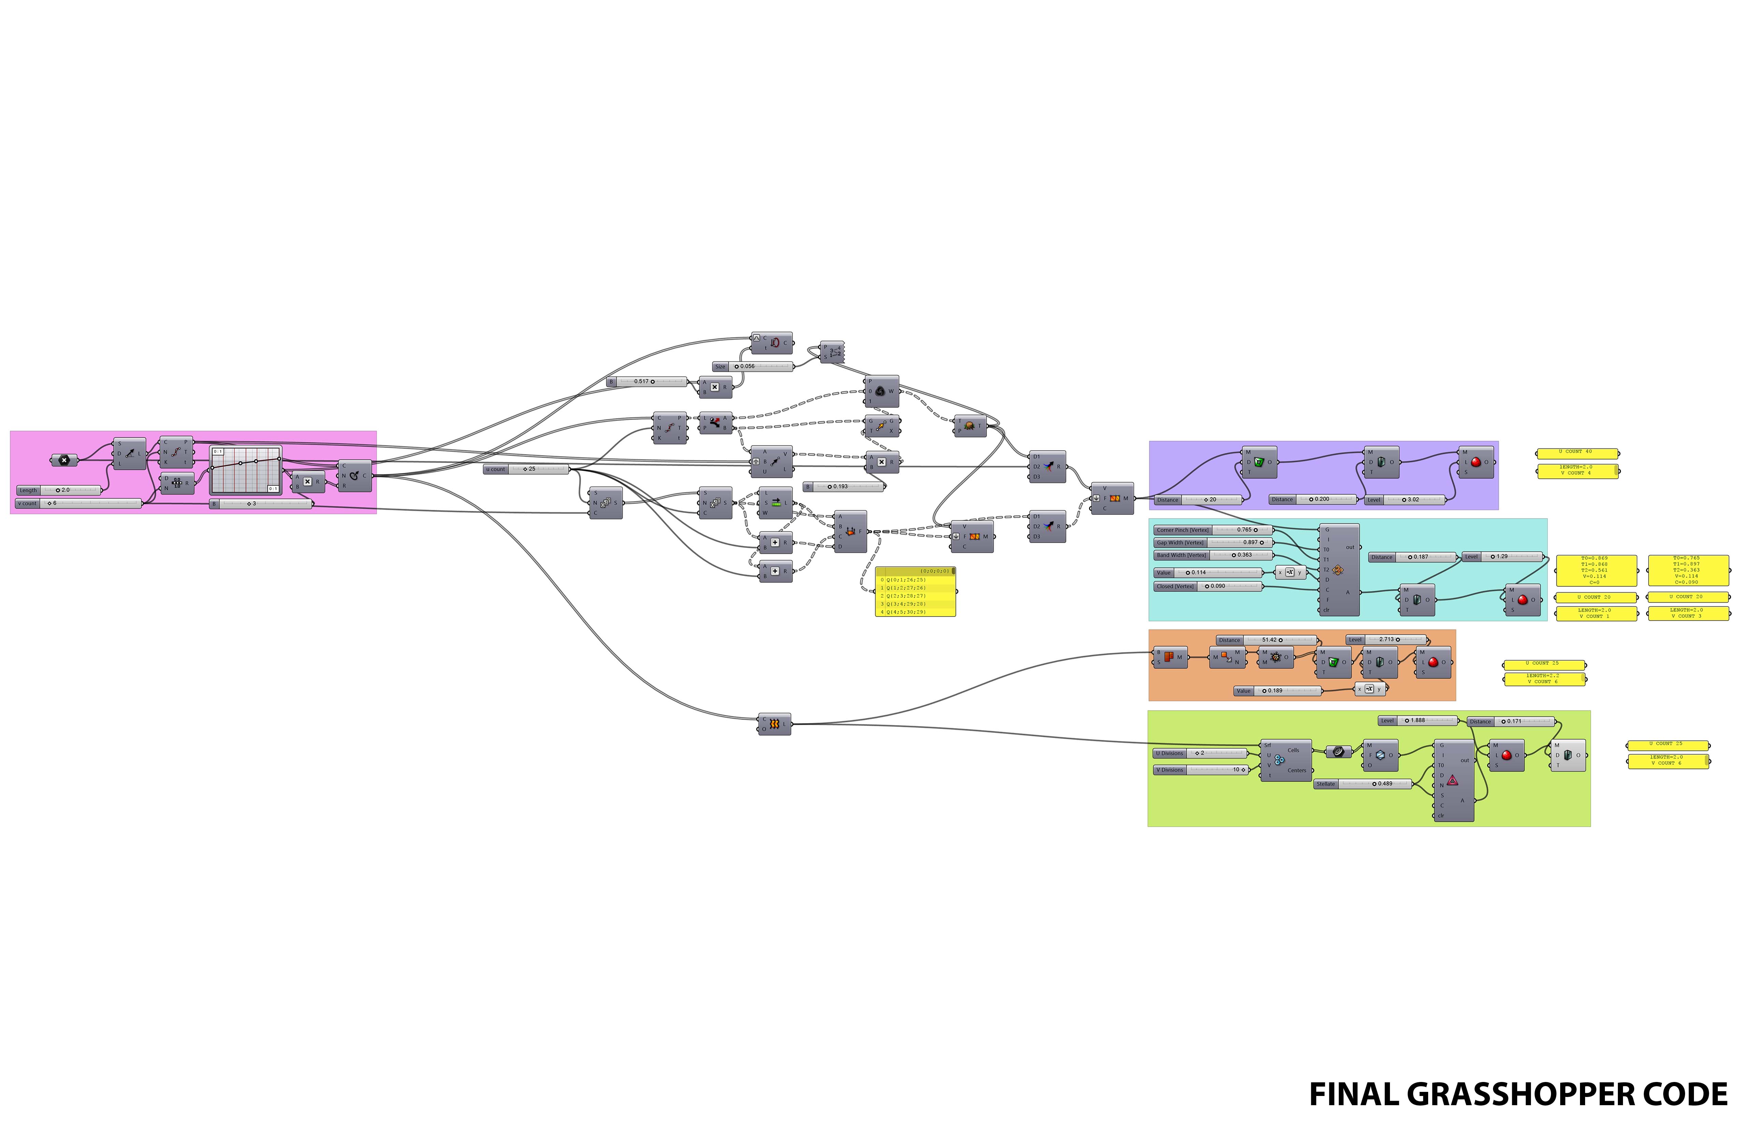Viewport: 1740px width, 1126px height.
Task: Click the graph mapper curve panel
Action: click(x=246, y=470)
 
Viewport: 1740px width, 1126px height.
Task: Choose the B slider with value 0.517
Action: click(x=647, y=382)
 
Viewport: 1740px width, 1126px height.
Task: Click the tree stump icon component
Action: click(x=969, y=425)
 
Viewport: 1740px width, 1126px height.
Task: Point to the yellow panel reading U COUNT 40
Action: click(x=1577, y=452)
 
